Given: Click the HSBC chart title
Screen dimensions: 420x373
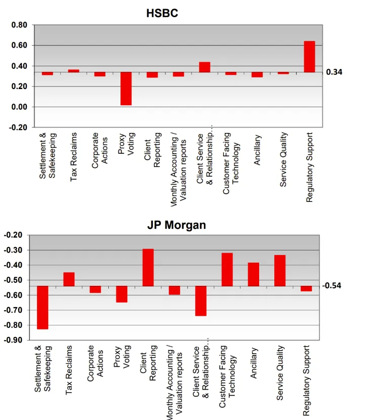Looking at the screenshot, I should tap(162, 14).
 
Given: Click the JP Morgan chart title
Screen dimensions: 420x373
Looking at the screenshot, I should tap(177, 225).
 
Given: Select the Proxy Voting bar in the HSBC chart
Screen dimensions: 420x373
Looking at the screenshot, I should tap(126, 89).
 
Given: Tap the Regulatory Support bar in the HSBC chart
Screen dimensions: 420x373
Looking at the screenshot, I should tap(309, 57).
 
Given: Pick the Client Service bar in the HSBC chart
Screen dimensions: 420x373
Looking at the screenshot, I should tap(204, 67).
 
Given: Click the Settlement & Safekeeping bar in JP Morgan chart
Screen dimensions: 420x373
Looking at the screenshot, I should tap(43, 308).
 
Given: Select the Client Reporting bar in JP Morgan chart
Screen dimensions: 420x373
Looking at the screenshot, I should tap(148, 268).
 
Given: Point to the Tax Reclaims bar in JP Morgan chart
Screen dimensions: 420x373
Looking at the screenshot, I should tap(69, 279).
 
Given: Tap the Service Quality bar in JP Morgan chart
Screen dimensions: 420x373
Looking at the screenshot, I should tap(280, 271).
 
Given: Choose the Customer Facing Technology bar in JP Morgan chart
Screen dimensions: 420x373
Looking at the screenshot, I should tap(227, 270).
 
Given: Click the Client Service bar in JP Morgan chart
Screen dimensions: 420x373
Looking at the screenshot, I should tap(201, 301).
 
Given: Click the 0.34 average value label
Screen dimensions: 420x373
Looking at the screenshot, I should tap(334, 72).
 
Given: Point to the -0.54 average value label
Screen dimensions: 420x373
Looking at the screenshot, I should tap(332, 286).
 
